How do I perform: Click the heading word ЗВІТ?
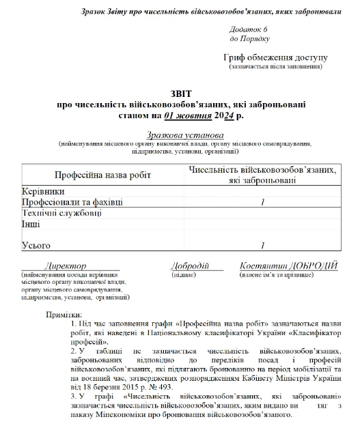(181, 94)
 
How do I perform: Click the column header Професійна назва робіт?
(102, 175)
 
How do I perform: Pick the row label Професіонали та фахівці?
(73, 203)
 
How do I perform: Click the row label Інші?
(31, 224)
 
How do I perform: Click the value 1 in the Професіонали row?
(263, 203)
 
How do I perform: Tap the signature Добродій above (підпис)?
(189, 266)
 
